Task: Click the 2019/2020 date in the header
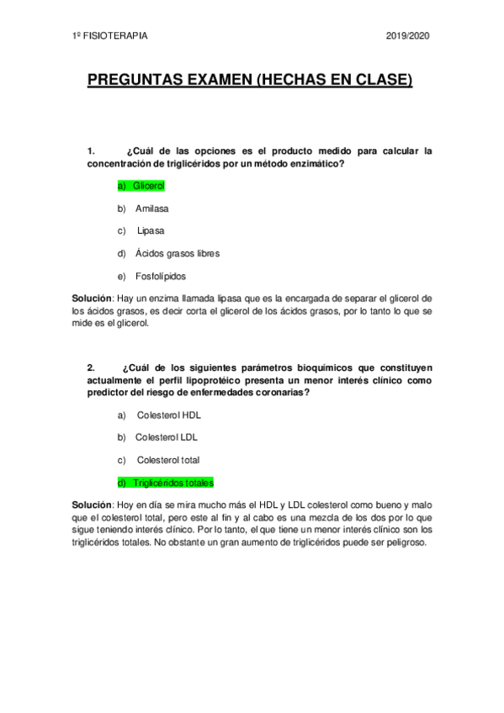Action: pyautogui.click(x=408, y=37)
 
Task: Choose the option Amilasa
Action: pyautogui.click(x=152, y=207)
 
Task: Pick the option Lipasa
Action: pyautogui.click(x=151, y=230)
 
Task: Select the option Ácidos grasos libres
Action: pyautogui.click(x=178, y=252)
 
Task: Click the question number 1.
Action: pyautogui.click(x=91, y=151)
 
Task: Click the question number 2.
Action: pyautogui.click(x=91, y=367)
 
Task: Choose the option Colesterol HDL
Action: pyautogui.click(x=168, y=415)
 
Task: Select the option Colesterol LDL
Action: pyautogui.click(x=167, y=437)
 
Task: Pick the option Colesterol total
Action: pyautogui.click(x=168, y=460)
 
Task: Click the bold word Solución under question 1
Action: pyautogui.click(x=92, y=298)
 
